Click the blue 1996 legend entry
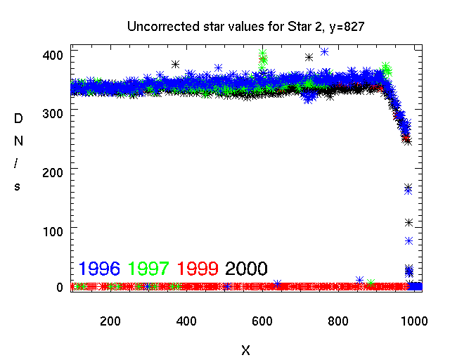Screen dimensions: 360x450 point(100,268)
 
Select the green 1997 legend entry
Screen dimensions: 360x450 point(149,268)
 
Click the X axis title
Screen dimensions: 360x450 point(245,349)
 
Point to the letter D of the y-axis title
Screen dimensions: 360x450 point(18,119)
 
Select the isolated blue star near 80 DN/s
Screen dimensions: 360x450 point(409,240)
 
